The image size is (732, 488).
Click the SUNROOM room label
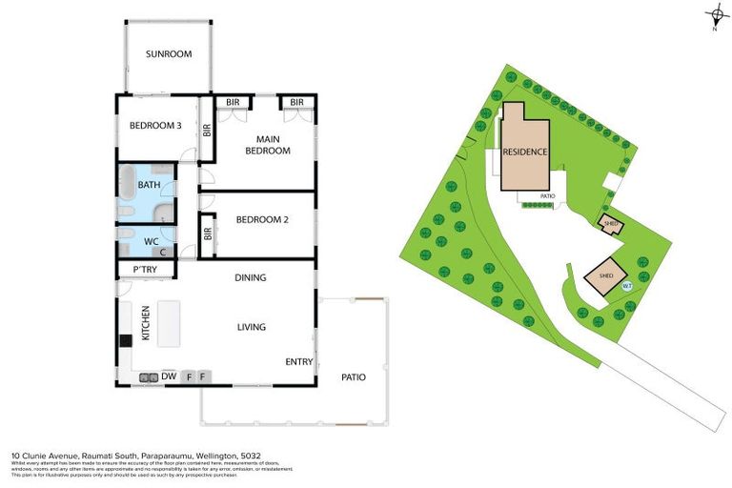click(169, 54)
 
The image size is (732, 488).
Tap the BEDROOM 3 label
click(155, 125)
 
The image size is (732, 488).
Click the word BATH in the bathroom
click(149, 185)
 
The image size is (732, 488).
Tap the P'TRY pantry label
click(145, 271)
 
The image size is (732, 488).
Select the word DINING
click(250, 277)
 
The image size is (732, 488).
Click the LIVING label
click(251, 327)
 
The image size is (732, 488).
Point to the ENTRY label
click(298, 362)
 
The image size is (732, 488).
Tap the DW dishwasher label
click(168, 376)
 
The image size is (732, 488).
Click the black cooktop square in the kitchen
click(124, 340)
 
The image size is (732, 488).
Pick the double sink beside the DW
click(148, 377)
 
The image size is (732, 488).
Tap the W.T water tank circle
click(626, 285)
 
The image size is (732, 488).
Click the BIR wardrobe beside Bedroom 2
click(208, 235)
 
